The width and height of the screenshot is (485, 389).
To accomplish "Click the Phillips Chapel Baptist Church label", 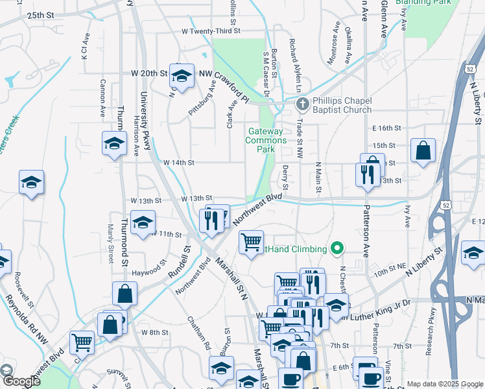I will [x=342, y=105].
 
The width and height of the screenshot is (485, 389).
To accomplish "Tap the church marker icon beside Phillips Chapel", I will [x=302, y=104].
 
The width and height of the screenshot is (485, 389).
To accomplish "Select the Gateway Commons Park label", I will [x=266, y=140].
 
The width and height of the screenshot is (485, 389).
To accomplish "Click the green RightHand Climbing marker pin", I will [x=337, y=248].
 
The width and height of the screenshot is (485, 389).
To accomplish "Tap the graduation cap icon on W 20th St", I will [x=182, y=76].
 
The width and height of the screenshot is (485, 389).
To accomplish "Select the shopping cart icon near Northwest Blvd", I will [x=251, y=242].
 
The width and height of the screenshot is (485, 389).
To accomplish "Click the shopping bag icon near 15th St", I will [x=423, y=152].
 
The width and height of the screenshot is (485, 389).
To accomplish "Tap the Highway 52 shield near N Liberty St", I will [x=469, y=68].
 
